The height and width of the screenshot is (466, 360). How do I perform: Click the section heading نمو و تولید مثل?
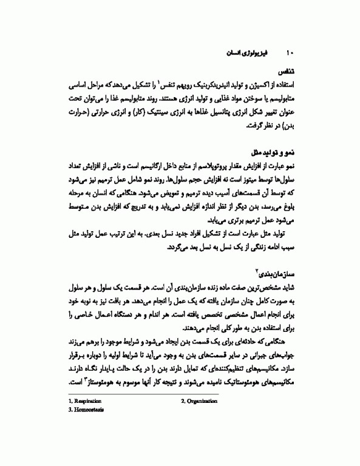[x=273, y=152]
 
